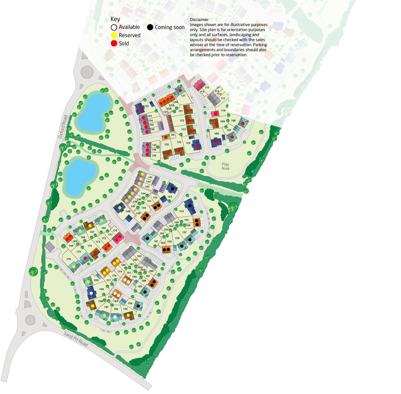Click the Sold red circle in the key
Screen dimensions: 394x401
click(114, 43)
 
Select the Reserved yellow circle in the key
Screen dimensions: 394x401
click(114, 35)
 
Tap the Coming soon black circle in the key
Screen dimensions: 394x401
click(150, 27)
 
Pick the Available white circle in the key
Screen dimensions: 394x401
click(114, 27)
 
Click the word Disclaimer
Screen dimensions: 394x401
click(199, 20)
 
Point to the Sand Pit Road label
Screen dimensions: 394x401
click(76, 339)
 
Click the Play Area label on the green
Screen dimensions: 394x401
click(225, 166)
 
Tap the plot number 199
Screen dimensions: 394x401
click(102, 289)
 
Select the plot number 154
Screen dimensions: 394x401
click(181, 211)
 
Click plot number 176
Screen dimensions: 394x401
click(69, 259)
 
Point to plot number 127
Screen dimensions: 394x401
click(183, 96)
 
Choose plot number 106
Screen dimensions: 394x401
click(233, 121)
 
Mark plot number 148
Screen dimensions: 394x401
click(128, 211)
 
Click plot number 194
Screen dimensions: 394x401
click(130, 303)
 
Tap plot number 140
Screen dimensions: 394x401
click(71, 246)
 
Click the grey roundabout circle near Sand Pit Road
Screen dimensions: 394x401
click(30, 320)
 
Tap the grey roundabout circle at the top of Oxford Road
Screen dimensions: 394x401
click(87, 72)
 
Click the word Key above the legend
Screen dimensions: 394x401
click(115, 19)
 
